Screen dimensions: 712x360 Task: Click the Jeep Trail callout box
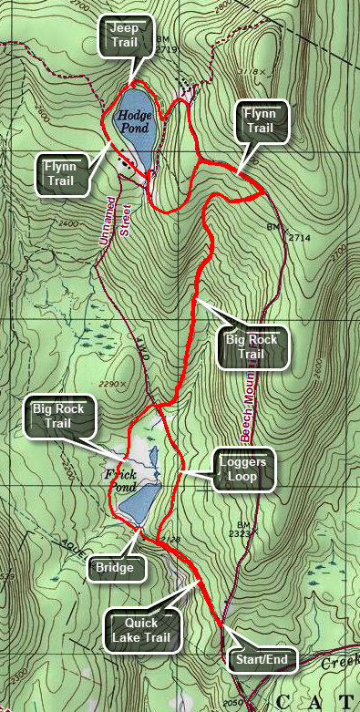pos(123,36)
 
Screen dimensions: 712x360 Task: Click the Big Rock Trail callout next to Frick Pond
pos(57,416)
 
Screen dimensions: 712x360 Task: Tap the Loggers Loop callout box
pos(242,468)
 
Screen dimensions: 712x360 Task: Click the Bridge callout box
pos(118,568)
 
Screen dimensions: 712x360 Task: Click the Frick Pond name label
pos(120,480)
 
